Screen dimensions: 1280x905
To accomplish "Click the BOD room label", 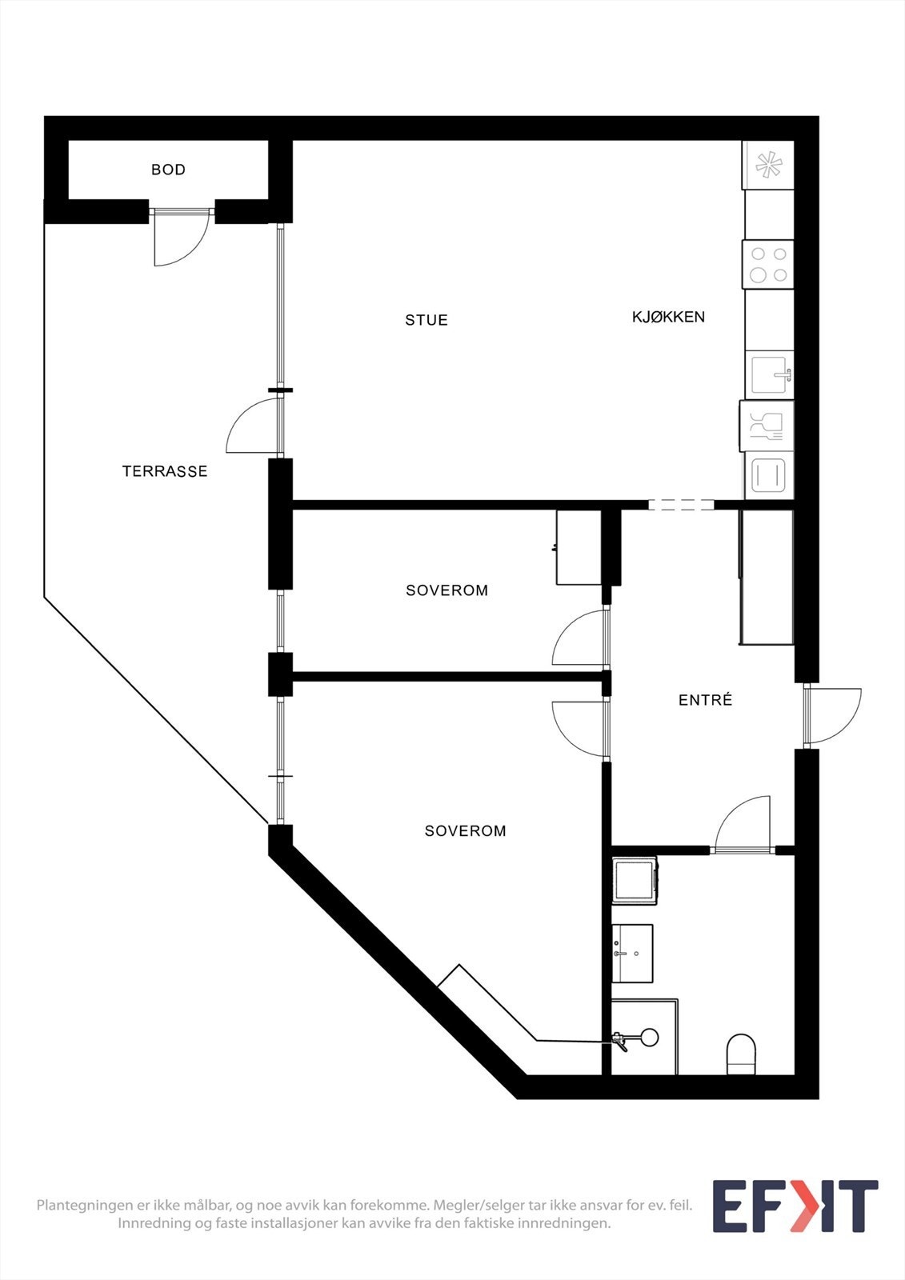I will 168,170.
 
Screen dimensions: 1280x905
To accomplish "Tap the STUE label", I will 426,320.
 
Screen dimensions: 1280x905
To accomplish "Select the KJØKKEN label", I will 668,317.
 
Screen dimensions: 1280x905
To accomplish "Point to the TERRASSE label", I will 165,471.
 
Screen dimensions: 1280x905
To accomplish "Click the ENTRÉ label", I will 705,700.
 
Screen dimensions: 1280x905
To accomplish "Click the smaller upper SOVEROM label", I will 446,590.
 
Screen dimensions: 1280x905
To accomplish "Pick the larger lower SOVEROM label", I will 465,831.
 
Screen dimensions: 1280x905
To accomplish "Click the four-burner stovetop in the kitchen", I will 768,265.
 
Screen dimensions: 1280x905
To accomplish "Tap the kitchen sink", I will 771,374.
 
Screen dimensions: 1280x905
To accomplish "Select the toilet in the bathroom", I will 741,1054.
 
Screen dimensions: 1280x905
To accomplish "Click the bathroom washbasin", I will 633,953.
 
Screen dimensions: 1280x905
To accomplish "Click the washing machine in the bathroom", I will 635,880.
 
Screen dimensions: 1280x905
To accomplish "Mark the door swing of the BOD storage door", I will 180,238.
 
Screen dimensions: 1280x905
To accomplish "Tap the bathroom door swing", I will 743,824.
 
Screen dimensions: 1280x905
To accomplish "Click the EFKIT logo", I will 795,1206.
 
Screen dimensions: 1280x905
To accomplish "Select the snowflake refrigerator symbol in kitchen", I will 768,166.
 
